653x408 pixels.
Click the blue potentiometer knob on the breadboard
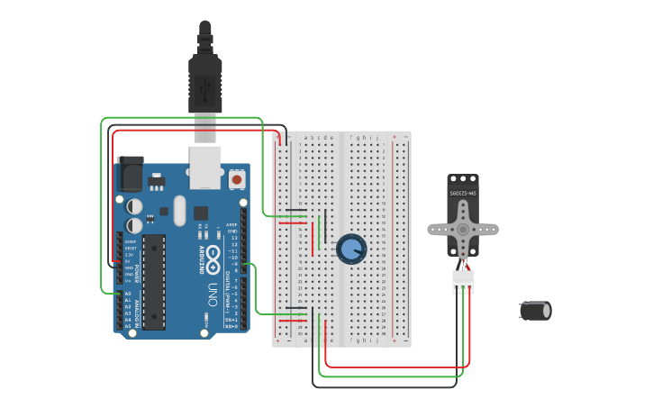tap(350, 249)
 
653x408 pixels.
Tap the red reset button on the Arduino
tap(237, 179)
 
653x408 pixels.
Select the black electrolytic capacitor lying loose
tap(535, 311)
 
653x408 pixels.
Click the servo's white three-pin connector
tap(463, 282)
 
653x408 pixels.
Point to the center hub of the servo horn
tap(463, 230)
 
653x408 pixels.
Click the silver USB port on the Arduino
tap(205, 168)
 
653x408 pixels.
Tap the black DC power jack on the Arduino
tap(130, 173)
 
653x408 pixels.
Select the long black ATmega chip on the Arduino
tap(154, 281)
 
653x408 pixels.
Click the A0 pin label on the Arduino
tap(127, 294)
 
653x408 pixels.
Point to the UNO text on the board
tap(213, 294)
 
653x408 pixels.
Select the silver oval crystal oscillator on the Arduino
tap(179, 211)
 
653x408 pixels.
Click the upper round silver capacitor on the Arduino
tap(134, 206)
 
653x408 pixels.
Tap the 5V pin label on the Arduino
tap(128, 261)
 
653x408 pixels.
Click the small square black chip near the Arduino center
tap(200, 213)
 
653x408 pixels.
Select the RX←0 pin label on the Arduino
tap(231, 325)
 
